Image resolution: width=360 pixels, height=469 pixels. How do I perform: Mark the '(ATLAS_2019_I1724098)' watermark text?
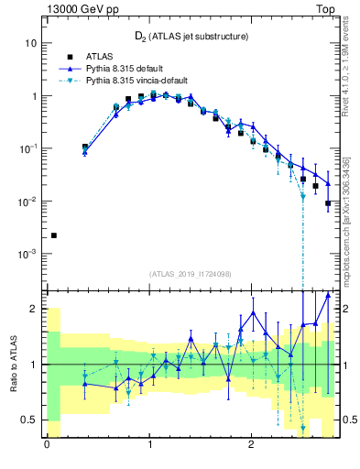click(x=191, y=274)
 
